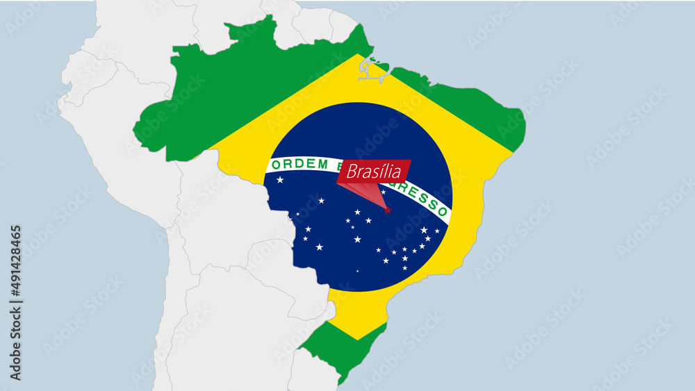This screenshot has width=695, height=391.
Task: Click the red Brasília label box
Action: [374, 172]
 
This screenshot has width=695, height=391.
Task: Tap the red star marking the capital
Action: [388, 210]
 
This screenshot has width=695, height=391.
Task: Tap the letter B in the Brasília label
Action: [351, 172]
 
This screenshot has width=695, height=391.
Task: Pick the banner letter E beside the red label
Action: [341, 165]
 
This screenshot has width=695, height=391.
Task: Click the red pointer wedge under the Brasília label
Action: [373, 195]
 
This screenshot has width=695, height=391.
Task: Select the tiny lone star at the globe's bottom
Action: [358, 271]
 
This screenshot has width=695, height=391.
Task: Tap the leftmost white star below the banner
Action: [280, 180]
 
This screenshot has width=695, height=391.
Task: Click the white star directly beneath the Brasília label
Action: [383, 192]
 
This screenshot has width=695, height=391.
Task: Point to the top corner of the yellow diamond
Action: [359, 55]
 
